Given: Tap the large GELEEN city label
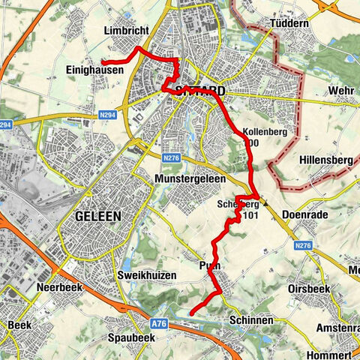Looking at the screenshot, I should point(98,216).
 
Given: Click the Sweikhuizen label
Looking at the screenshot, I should point(147,275).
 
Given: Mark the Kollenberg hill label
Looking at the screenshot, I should point(262,133).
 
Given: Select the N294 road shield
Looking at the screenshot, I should point(7,125).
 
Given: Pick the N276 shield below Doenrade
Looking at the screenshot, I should point(303,244).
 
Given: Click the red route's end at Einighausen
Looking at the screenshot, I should point(103,61).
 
